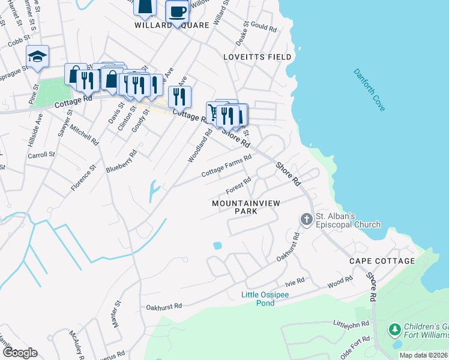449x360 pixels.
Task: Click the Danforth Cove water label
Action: click(369, 89)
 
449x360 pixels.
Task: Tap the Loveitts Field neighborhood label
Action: click(257, 57)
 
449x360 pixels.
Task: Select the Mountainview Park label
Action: click(246, 207)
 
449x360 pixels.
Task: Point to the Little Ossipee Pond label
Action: click(267, 298)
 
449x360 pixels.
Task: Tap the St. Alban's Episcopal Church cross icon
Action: click(306, 220)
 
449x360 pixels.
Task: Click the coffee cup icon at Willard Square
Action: click(177, 11)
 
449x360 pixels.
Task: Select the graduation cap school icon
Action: click(37, 56)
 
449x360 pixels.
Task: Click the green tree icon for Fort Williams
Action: click(394, 329)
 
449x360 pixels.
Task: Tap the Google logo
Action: click(20, 353)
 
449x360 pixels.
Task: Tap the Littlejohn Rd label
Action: click(350, 323)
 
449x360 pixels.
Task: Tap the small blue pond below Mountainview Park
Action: click(217, 245)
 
